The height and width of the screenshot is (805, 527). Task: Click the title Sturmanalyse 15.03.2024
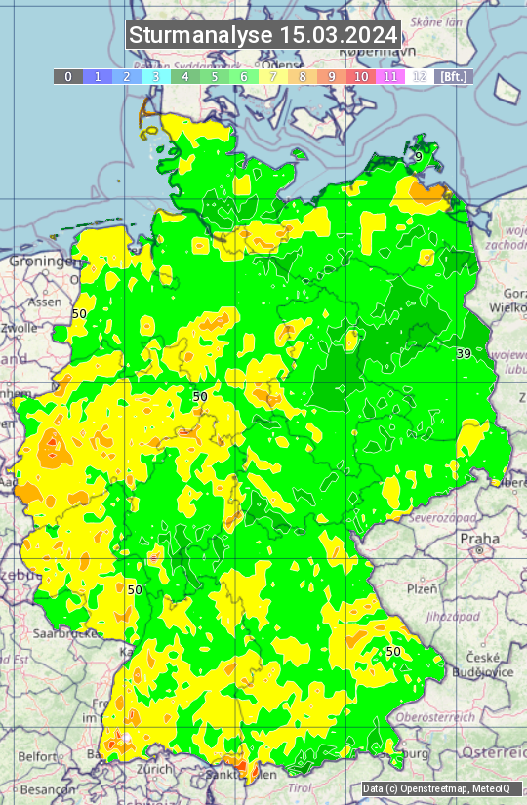tap(263, 35)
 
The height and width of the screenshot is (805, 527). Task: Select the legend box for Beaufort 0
tap(68, 76)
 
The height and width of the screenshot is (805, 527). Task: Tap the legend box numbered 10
tap(361, 76)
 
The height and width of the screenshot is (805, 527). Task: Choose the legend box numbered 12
tap(420, 76)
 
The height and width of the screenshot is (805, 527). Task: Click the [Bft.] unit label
tap(454, 76)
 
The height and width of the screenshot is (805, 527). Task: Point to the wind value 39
tap(464, 353)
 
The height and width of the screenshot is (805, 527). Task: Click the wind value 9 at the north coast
tap(418, 156)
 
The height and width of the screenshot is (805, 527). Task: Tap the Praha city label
tap(480, 538)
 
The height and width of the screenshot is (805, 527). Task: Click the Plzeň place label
tap(422, 589)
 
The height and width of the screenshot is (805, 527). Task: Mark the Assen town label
tap(44, 302)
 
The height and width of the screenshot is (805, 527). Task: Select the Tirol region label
tap(299, 786)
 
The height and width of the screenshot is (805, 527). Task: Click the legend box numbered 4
tap(185, 76)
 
